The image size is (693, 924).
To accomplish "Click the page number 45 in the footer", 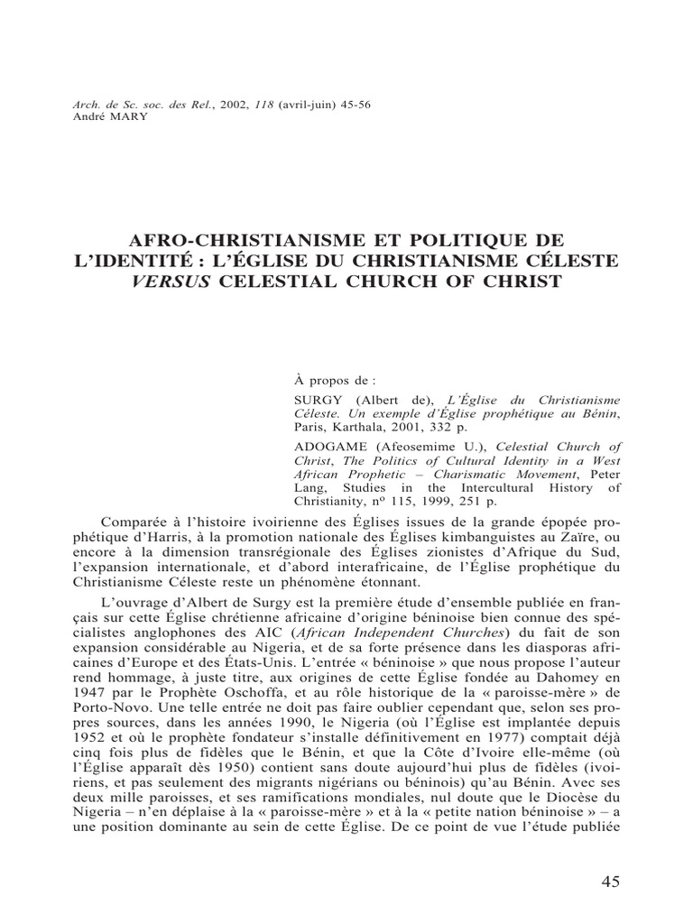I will tap(610, 882).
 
